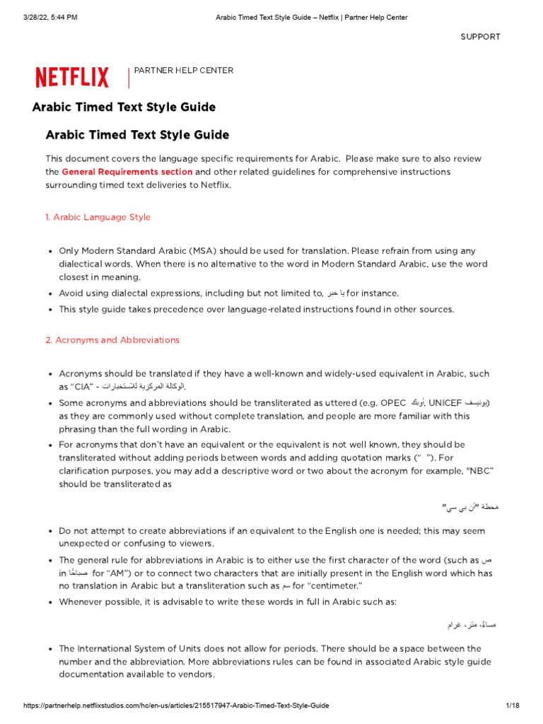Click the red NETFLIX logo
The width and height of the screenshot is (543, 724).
72,77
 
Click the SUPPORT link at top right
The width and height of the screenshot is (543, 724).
480,37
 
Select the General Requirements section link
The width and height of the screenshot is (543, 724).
127,172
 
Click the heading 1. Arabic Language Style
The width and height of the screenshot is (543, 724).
98,217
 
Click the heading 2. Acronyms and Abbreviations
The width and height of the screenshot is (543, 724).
112,340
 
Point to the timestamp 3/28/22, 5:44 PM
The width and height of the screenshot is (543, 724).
42,17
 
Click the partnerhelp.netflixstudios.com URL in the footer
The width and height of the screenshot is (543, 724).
177,706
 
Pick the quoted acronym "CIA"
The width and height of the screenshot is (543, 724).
82,387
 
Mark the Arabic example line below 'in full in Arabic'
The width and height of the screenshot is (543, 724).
472,625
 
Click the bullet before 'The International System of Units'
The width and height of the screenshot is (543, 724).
49,649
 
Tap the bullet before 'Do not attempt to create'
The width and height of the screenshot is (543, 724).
49,531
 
